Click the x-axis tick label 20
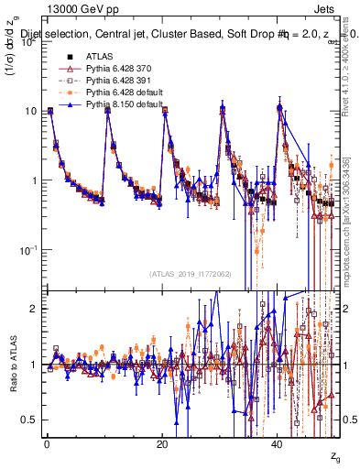tap(161, 444)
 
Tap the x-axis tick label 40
tap(276, 444)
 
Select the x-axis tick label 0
tap(47, 444)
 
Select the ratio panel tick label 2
tap(34, 309)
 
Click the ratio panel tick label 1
tap(34, 365)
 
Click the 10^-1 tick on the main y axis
tap(27, 249)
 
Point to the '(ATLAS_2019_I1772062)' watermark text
tap(191, 274)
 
